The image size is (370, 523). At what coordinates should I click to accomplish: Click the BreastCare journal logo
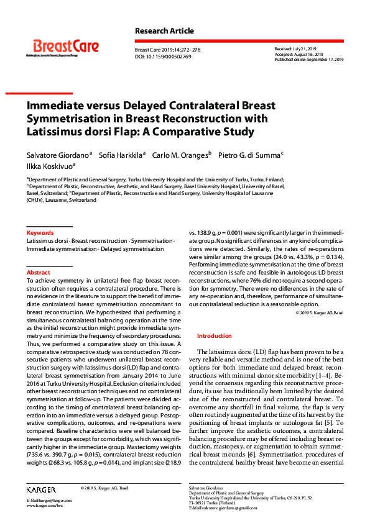pos(65,47)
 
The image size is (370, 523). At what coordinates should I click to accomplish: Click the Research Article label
pos(164,31)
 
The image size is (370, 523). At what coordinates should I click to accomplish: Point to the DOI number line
pos(163,57)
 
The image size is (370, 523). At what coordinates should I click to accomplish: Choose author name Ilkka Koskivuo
pos(50,166)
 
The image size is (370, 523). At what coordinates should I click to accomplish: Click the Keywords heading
pos(40,233)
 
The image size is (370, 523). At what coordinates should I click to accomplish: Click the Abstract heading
pos(38,273)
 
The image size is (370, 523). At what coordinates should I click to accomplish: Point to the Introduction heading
pos(214,335)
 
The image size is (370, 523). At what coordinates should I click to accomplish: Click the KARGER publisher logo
pos(41,489)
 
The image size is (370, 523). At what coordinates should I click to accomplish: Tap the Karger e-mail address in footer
pos(49,500)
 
